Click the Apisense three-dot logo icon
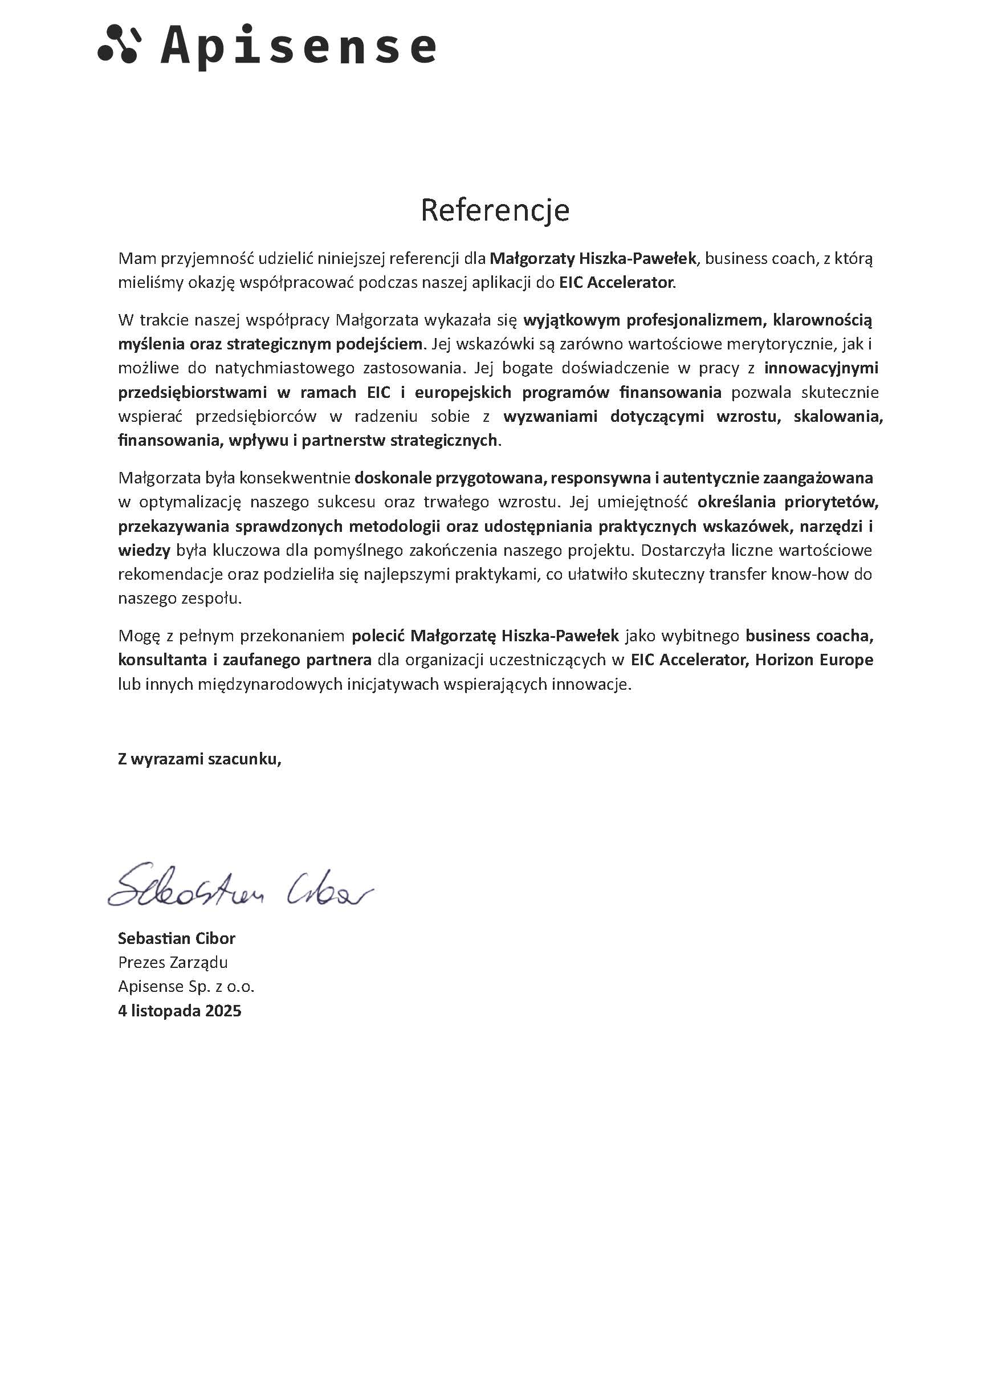coord(117,43)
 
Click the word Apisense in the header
coord(298,46)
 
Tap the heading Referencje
coord(494,210)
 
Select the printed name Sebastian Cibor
coord(176,938)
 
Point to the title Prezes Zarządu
coord(173,962)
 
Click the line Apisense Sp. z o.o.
coord(186,986)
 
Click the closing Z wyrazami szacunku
coord(199,759)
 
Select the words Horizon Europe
coord(814,660)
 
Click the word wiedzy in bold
coord(144,550)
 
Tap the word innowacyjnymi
coord(821,368)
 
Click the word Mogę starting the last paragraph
coord(138,636)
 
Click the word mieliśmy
coord(147,283)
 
